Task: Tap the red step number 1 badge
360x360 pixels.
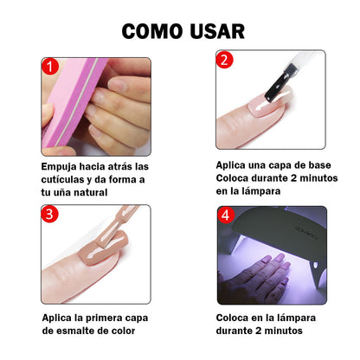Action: pyautogui.click(x=50, y=67)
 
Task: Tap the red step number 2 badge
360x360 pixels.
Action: pyautogui.click(x=225, y=61)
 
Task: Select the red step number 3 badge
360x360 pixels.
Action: pyautogui.click(x=50, y=213)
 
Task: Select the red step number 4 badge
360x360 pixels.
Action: pyautogui.click(x=226, y=215)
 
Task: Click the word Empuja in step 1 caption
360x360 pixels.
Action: pyautogui.click(x=61, y=165)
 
